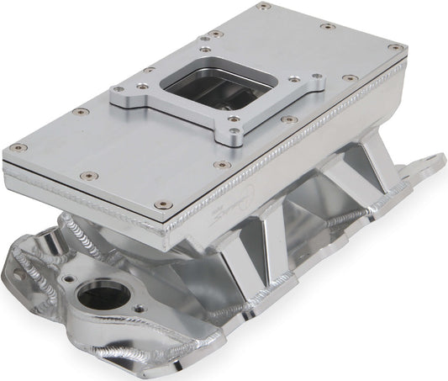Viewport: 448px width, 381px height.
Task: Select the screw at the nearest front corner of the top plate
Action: tap(166, 204)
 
